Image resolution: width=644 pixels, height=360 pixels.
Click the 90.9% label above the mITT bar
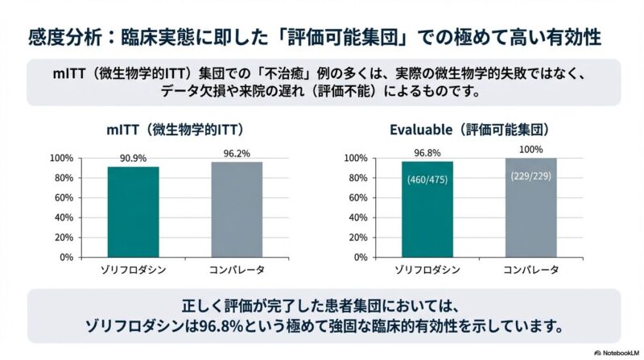tap(133, 159)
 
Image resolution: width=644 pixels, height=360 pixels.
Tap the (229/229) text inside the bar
tap(531, 176)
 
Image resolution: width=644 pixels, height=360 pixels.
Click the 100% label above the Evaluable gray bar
tap(531, 150)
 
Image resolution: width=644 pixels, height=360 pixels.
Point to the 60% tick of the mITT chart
tap(66, 197)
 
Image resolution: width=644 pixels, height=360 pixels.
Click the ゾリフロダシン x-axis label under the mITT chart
tap(133, 270)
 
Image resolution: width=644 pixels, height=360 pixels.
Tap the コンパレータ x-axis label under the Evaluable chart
tap(531, 270)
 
